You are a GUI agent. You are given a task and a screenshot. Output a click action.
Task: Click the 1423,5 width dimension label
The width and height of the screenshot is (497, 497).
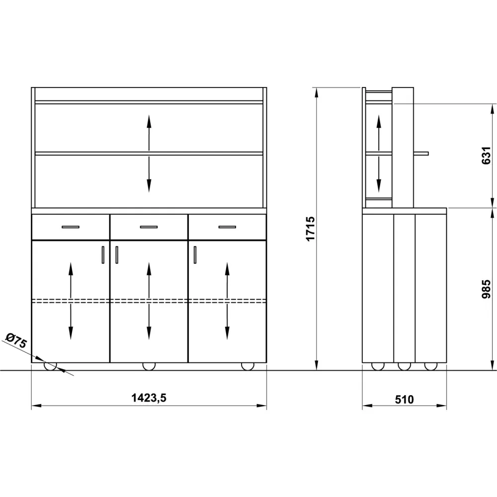coord(149,398)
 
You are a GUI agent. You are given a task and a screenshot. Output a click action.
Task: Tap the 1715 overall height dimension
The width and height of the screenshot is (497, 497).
coord(310,229)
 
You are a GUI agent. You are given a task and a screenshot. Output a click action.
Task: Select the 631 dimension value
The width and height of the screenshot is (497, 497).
coord(486,155)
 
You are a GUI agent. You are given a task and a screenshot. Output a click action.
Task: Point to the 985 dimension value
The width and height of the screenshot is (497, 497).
coord(486,289)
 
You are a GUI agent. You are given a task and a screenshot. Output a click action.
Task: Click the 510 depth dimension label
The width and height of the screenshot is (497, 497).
coord(404,400)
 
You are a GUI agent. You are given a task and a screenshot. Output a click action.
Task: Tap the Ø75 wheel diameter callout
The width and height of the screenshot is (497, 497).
coord(16,340)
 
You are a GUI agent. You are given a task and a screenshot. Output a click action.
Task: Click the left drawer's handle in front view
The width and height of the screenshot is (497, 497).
coord(71,227)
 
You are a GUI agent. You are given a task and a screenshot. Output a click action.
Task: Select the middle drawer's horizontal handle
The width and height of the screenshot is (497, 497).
coord(149,227)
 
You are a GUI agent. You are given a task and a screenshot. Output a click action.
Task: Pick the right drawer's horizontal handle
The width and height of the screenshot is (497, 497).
coord(227,227)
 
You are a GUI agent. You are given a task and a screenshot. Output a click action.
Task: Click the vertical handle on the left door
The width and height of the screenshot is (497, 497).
coord(103,255)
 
